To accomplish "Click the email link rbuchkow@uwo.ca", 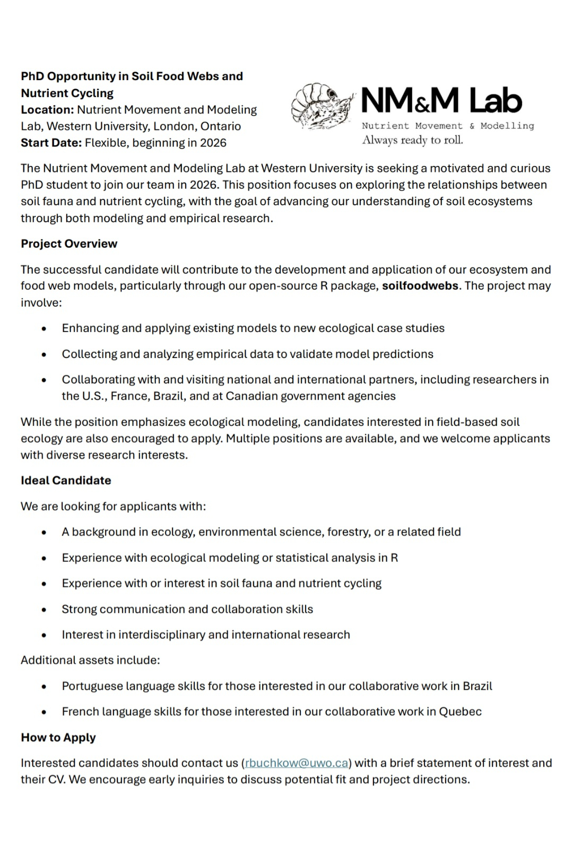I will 297,763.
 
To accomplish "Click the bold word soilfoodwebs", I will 420,286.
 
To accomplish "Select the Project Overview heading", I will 69,243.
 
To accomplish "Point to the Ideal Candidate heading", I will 66,481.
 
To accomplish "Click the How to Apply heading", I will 58,737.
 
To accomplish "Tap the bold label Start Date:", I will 51,143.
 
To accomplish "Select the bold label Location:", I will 47,110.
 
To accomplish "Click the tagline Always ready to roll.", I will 412,140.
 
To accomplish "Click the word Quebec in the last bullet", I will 460,711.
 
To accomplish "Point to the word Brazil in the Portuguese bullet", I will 477,686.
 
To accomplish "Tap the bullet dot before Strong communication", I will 44,610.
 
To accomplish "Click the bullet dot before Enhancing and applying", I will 44,328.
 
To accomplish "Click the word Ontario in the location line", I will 221,126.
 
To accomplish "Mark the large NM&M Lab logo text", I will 441,101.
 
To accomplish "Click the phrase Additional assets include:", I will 90,660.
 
